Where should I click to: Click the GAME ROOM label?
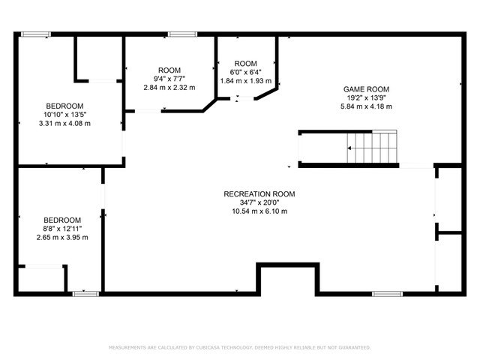366,89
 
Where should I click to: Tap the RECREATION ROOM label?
259,194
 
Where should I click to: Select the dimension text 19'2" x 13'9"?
366,98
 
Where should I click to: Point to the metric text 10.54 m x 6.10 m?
259,211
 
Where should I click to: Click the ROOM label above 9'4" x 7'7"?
169,70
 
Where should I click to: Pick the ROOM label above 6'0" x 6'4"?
245,64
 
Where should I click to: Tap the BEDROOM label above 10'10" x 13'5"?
64,106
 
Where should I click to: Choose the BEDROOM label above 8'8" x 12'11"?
62,220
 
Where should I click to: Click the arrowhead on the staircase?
349,148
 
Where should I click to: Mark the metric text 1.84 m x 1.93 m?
246,81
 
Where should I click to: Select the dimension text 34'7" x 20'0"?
259,202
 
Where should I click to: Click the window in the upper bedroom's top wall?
36,34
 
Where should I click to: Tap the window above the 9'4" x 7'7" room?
182,34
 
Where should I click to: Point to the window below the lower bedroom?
85,294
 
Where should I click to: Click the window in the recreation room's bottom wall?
387,294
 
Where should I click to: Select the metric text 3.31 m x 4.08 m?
64,124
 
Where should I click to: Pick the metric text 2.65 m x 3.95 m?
62,238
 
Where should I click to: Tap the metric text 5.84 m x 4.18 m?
366,106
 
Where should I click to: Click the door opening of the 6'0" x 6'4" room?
242,98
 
